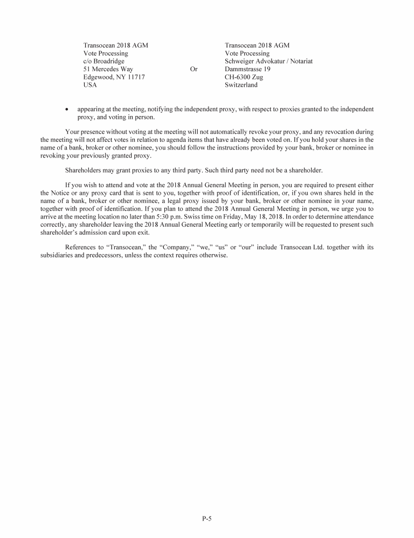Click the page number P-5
coord(206,519)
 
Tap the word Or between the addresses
coord(194,69)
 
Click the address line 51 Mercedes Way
coord(108,69)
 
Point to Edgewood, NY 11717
coord(114,77)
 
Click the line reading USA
coord(91,85)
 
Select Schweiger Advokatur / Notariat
coord(268,62)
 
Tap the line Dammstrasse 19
coord(247,69)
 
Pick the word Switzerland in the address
coord(241,85)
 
